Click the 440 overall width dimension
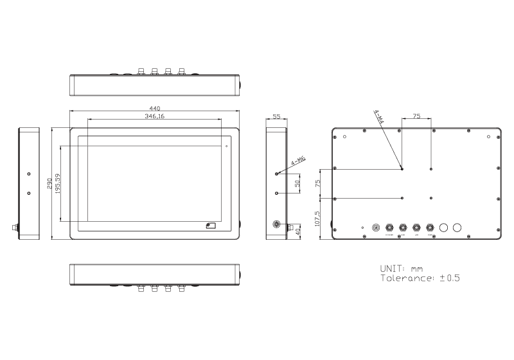click(x=154, y=108)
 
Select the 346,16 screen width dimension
click(x=154, y=116)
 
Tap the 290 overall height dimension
click(x=49, y=183)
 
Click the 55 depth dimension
click(x=277, y=117)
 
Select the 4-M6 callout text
click(x=298, y=162)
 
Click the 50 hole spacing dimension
click(x=297, y=183)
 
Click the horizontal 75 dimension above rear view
click(x=416, y=117)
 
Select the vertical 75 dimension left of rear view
click(x=317, y=183)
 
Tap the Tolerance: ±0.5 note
click(x=420, y=278)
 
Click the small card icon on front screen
click(x=211, y=225)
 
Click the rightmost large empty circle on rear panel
click(x=457, y=228)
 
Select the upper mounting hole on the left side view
click(x=28, y=174)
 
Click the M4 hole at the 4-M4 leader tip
click(x=402, y=169)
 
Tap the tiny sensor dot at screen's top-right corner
click(x=226, y=146)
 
